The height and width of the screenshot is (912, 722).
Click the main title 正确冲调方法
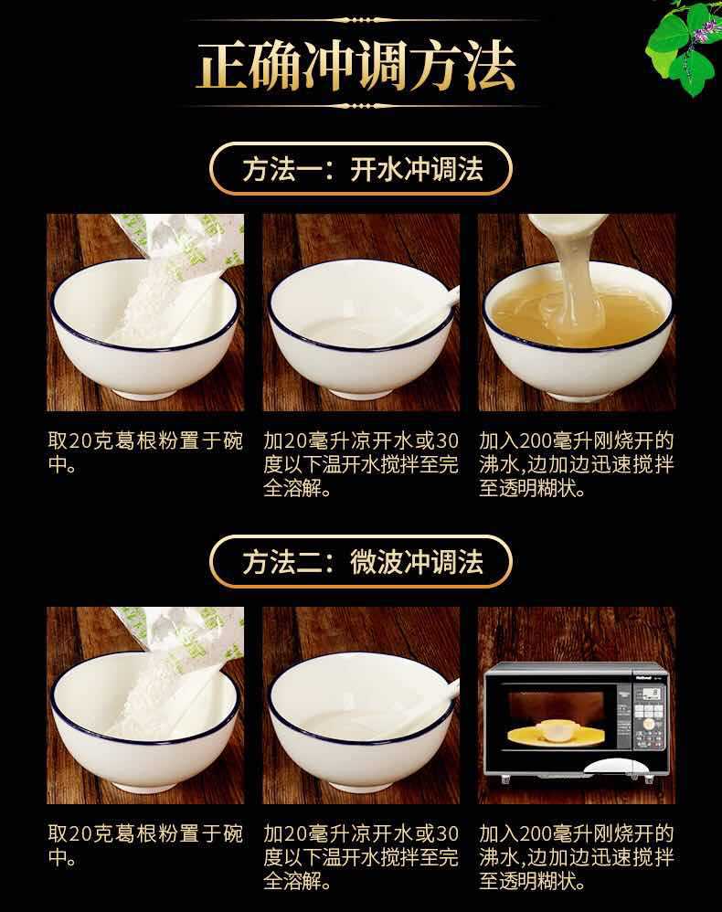356,65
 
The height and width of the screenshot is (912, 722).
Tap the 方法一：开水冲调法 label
361,169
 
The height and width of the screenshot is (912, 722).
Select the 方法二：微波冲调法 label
361,562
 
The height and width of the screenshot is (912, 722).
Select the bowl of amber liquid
577,332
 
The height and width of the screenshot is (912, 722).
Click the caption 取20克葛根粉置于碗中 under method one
145,452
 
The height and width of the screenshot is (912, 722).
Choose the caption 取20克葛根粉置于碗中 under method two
145,845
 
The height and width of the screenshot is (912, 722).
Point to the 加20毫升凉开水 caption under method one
361,464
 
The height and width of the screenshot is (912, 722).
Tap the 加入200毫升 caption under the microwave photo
577,857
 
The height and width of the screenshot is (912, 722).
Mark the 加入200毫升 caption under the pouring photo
577,464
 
